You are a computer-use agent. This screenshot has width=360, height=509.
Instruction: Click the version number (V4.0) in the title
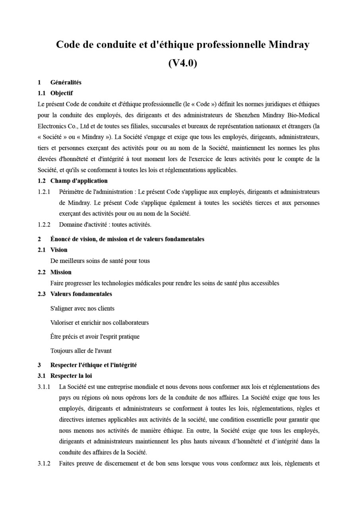click(x=183, y=63)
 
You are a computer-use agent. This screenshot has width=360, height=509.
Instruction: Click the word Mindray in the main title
click(x=289, y=45)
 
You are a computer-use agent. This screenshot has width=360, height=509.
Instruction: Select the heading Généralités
click(x=66, y=82)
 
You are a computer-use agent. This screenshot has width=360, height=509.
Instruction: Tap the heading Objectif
click(x=62, y=93)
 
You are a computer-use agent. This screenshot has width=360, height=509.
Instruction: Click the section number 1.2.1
click(x=44, y=192)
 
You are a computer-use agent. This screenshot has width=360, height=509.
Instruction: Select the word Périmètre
click(x=72, y=192)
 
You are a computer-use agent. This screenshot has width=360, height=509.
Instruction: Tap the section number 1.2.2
click(x=44, y=225)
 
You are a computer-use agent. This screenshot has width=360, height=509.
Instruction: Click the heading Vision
click(x=59, y=250)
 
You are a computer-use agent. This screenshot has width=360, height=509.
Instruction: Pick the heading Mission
click(x=61, y=272)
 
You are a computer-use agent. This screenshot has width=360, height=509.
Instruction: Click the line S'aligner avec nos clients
click(x=82, y=308)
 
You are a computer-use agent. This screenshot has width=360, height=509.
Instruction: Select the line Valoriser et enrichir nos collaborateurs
click(x=99, y=322)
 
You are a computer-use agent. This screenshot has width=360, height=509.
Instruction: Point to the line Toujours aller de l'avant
click(x=81, y=351)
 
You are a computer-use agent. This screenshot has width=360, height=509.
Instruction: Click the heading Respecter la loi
click(x=72, y=375)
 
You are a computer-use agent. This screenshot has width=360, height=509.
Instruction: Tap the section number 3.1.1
click(x=44, y=387)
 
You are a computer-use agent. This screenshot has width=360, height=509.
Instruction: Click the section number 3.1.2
click(x=44, y=463)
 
